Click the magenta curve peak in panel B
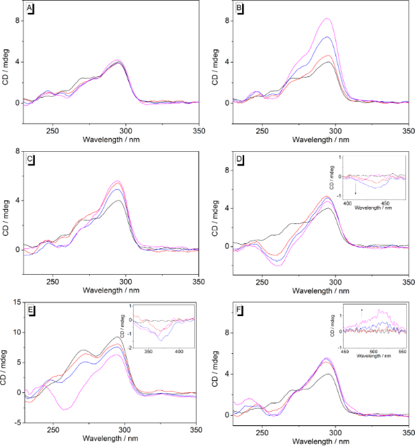click(327, 19)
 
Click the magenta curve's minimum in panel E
click(65, 410)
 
